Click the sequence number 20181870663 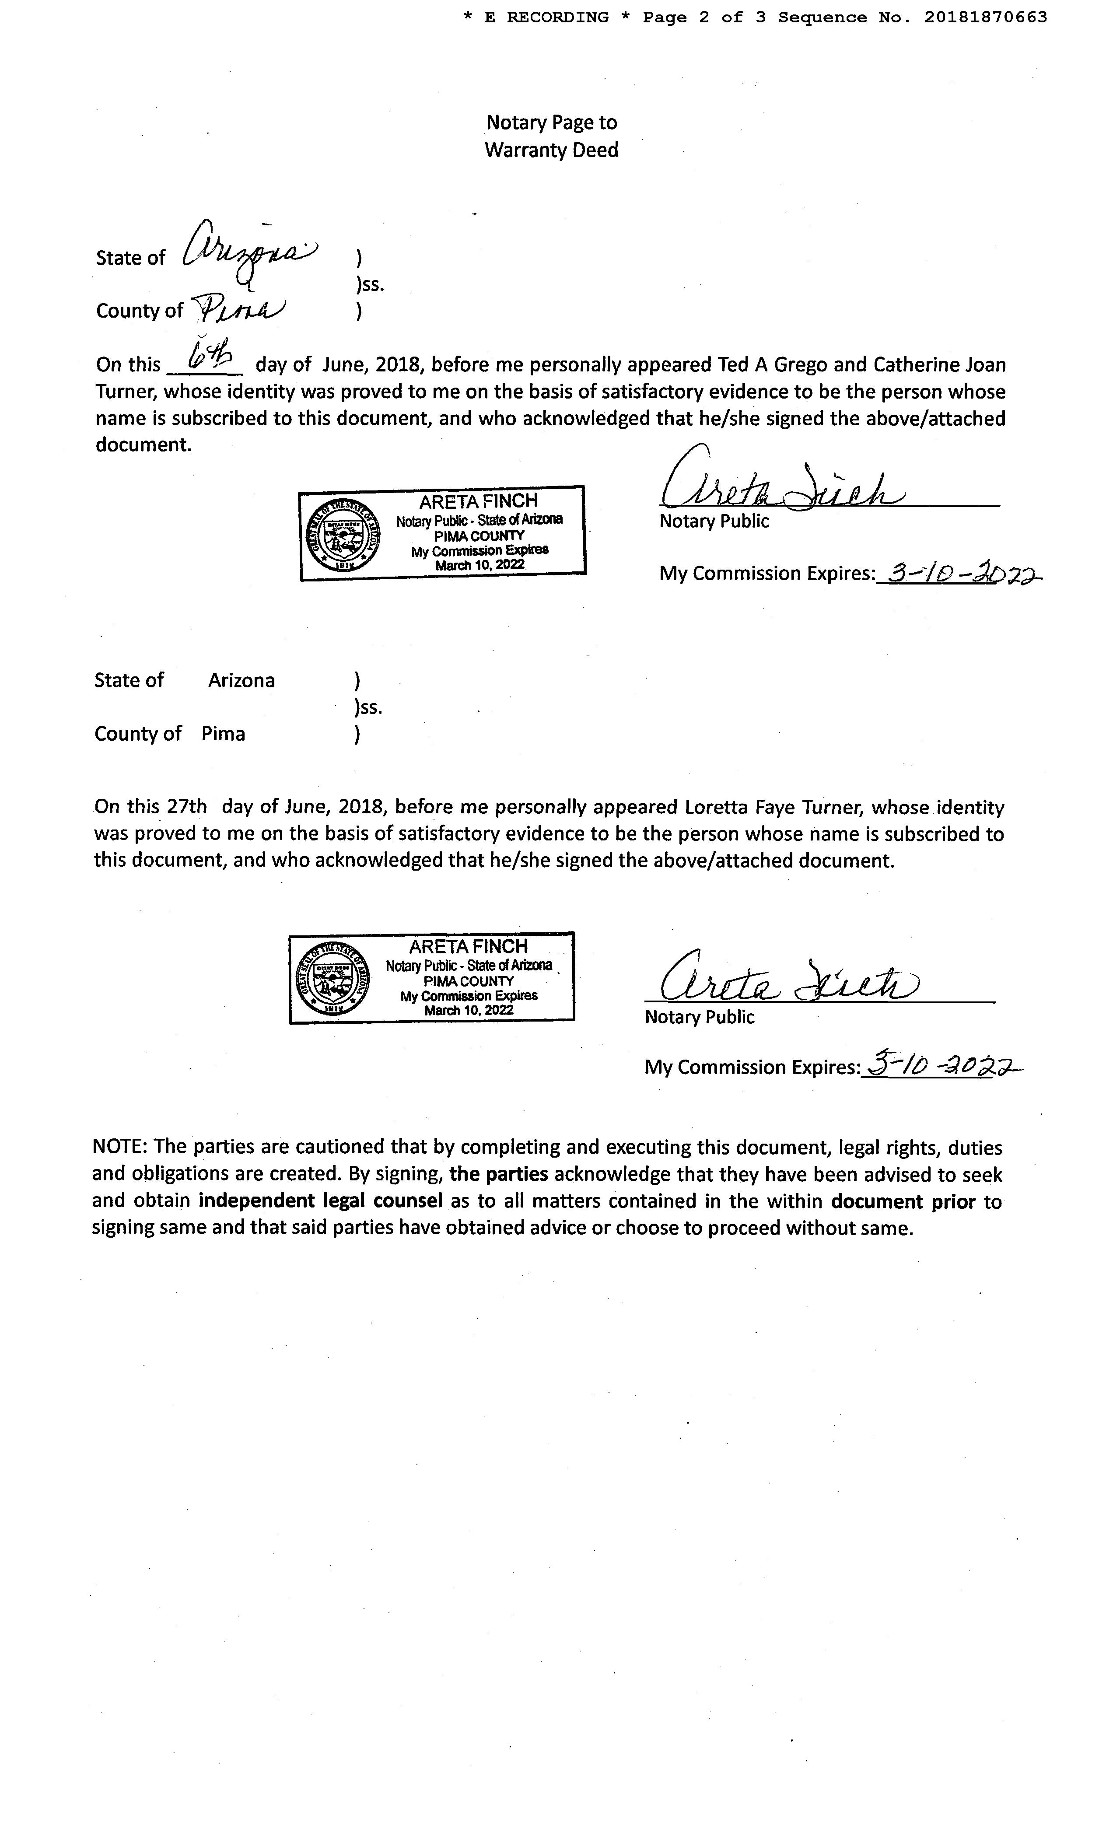[x=986, y=17]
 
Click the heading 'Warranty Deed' [x=551, y=150]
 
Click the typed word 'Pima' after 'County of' [x=223, y=734]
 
